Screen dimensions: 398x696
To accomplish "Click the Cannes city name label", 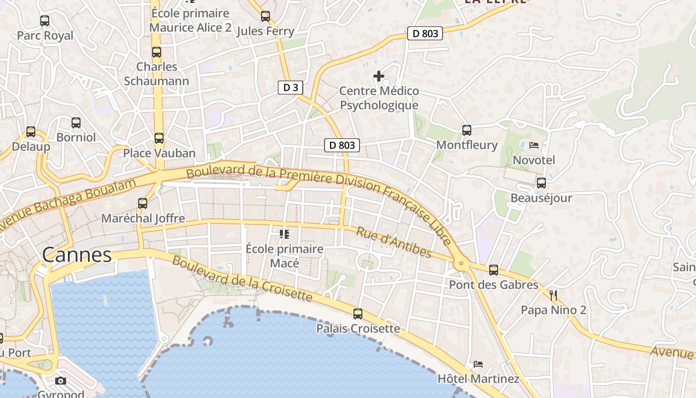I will [77, 255].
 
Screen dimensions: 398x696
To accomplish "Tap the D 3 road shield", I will [290, 88].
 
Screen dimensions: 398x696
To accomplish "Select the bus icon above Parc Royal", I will [45, 21].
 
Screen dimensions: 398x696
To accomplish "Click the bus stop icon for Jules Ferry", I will [265, 16].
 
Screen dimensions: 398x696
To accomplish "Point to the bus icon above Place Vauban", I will [159, 138].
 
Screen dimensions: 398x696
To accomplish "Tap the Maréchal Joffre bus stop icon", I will [143, 203].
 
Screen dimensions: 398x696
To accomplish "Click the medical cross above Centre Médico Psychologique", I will [379, 76].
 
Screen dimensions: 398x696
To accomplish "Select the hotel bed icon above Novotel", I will [534, 145].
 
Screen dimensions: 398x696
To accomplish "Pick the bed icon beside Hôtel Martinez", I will [478, 364].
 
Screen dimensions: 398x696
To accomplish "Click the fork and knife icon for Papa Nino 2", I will [553, 296].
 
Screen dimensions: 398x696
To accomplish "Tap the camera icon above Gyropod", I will [61, 381].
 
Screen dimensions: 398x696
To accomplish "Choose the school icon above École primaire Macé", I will [284, 234].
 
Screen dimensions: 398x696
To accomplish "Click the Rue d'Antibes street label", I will [394, 242].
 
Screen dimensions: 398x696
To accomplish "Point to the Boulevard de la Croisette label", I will [243, 279].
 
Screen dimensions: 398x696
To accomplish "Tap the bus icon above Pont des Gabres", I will [493, 270].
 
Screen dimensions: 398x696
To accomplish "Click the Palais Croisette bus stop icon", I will [358, 314].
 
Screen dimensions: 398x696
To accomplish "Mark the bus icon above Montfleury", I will [467, 130].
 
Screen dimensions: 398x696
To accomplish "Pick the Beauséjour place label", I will [541, 198].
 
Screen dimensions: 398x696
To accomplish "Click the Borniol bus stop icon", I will [76, 123].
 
